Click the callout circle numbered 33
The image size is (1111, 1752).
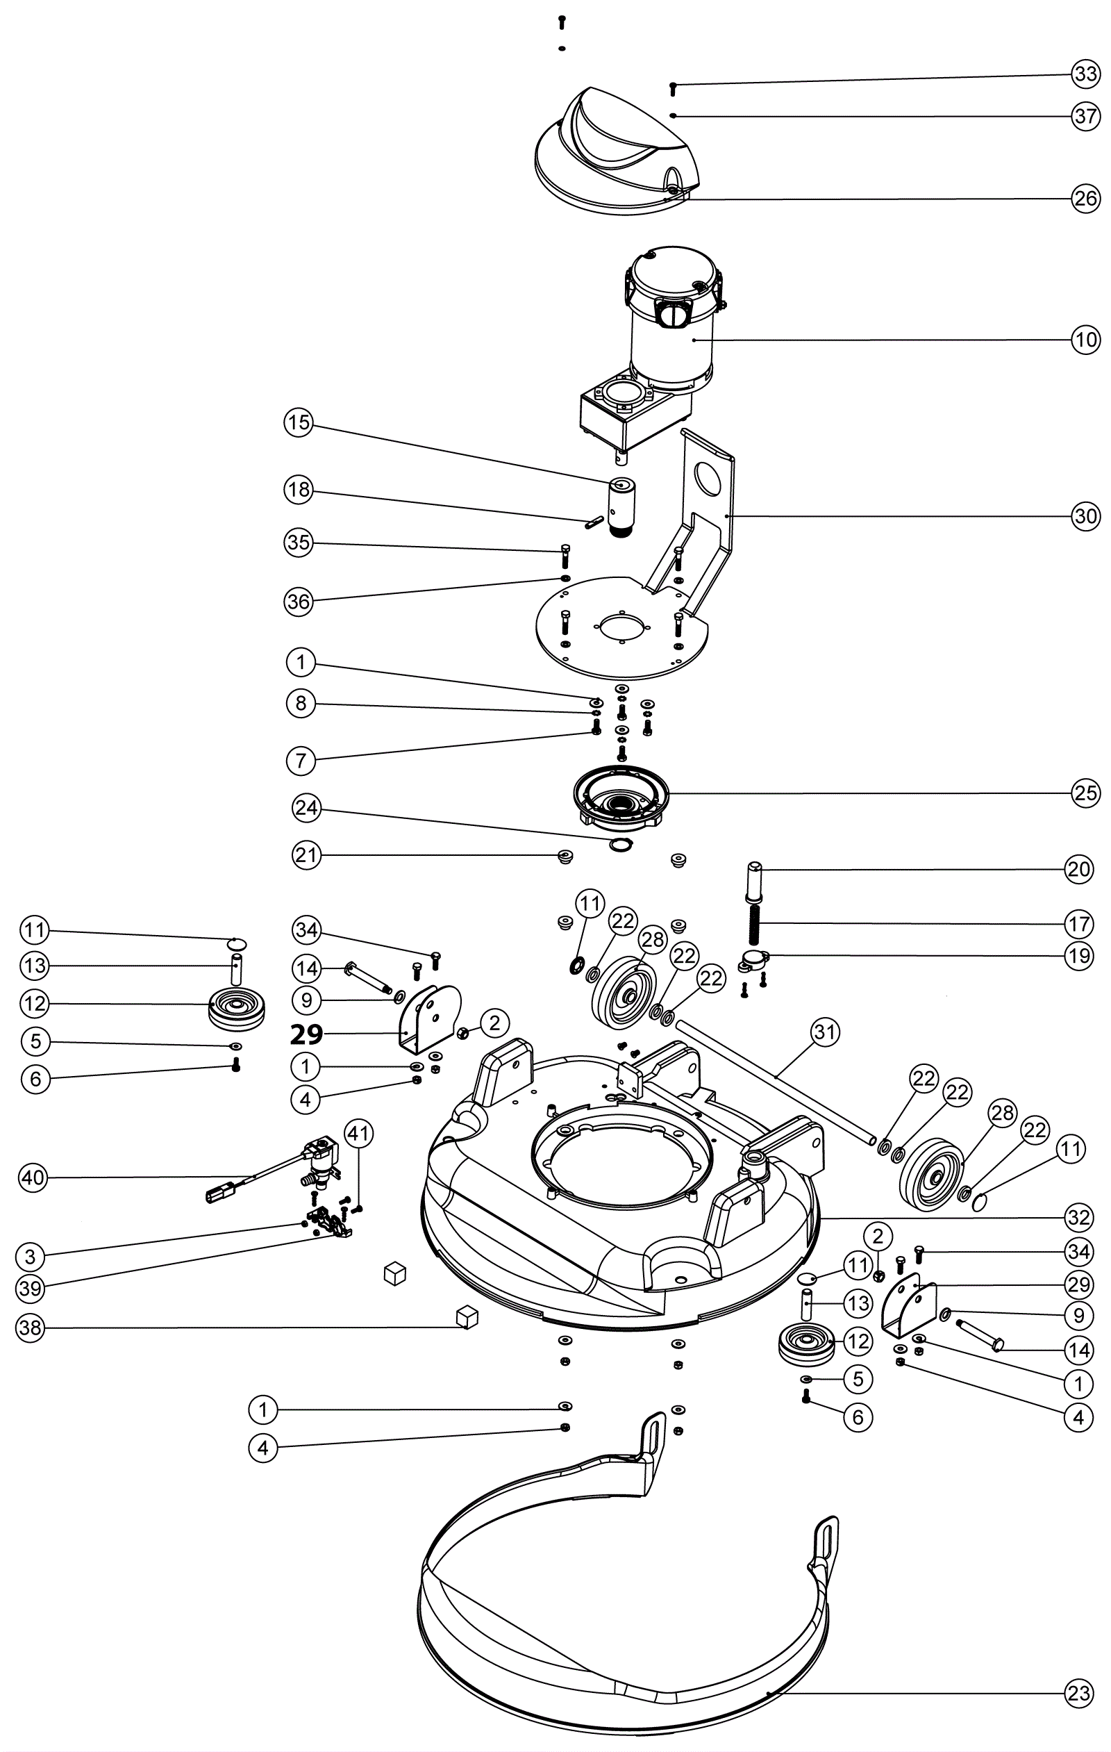click(1085, 74)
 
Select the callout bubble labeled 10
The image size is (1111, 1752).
click(1085, 339)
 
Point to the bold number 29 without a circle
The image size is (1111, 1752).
click(306, 1034)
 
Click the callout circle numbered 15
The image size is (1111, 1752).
click(298, 423)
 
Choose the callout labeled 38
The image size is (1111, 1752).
click(31, 1328)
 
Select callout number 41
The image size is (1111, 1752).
click(358, 1133)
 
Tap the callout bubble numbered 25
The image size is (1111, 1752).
click(1085, 793)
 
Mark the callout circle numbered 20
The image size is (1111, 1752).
click(1079, 869)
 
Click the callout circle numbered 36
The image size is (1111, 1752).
click(298, 602)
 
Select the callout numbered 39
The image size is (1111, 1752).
click(31, 1289)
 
